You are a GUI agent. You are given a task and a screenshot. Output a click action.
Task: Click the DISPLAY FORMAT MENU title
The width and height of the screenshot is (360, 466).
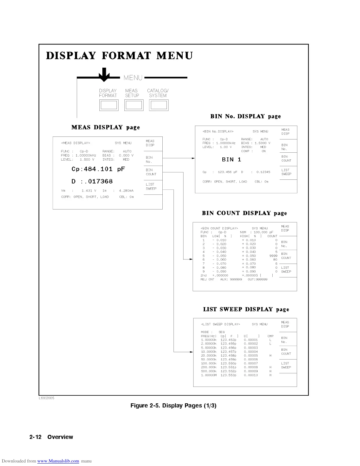pyautogui.click(x=119, y=56)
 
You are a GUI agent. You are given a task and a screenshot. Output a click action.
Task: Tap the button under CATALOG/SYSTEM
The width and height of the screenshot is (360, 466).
pyautogui.click(x=159, y=105)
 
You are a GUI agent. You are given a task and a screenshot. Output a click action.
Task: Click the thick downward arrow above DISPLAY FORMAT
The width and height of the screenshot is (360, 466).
pyautogui.click(x=104, y=75)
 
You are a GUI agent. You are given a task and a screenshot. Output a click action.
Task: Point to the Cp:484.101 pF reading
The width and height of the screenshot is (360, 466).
pyautogui.click(x=98, y=169)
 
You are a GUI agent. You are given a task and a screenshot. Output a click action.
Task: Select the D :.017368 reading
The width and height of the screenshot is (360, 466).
pyautogui.click(x=92, y=182)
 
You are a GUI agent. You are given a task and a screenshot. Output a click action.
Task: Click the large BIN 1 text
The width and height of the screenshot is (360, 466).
pyautogui.click(x=231, y=160)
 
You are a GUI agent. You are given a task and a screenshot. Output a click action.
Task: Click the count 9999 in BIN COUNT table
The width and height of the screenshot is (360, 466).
pyautogui.click(x=273, y=256)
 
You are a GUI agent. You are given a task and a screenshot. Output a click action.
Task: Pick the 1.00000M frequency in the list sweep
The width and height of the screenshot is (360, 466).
pyautogui.click(x=209, y=375)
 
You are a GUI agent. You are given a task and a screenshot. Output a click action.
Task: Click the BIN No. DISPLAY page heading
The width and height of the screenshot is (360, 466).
pyautogui.click(x=246, y=116)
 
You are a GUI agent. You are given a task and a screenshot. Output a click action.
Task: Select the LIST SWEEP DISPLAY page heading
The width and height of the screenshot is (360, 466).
pyautogui.click(x=246, y=309)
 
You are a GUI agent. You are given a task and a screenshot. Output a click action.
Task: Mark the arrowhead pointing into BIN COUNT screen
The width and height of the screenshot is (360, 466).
pyautogui.click(x=191, y=259)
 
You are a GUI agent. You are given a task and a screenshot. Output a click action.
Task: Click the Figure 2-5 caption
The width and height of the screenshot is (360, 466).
pyautogui.click(x=173, y=406)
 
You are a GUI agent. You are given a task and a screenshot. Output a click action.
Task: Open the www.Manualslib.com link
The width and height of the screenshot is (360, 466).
pyautogui.click(x=58, y=461)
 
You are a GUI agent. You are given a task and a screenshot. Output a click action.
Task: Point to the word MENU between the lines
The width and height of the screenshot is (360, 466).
pyautogui.click(x=133, y=78)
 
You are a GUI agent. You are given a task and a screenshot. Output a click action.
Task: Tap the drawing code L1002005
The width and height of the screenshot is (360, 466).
pyautogui.click(x=46, y=398)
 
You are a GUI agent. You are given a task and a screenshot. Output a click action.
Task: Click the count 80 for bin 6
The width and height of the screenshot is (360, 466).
pyautogui.click(x=275, y=260)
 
